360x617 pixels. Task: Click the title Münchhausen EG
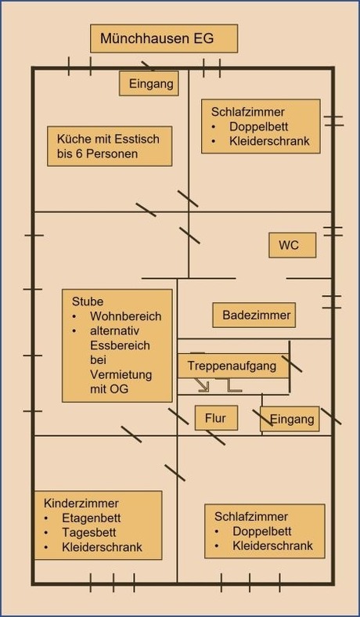tap(157, 38)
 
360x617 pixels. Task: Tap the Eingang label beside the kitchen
tap(149, 84)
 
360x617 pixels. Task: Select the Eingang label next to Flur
tap(290, 419)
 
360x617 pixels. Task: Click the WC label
tap(293, 245)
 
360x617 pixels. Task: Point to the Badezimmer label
tap(254, 316)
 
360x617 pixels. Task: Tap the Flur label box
tap(217, 418)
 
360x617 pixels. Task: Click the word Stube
tap(88, 301)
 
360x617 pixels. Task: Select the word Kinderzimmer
tap(81, 503)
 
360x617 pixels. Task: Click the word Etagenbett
tap(92, 518)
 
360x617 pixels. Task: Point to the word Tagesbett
tap(89, 532)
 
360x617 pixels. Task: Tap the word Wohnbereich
tap(125, 316)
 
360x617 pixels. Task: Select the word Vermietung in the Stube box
tap(121, 374)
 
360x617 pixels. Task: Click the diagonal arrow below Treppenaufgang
tap(203, 385)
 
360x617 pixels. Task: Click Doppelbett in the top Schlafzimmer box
tap(258, 127)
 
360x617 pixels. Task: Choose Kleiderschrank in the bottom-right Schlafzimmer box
tap(272, 546)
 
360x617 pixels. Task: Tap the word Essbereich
tap(120, 345)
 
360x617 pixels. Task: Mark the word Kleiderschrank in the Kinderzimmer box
tap(102, 547)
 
